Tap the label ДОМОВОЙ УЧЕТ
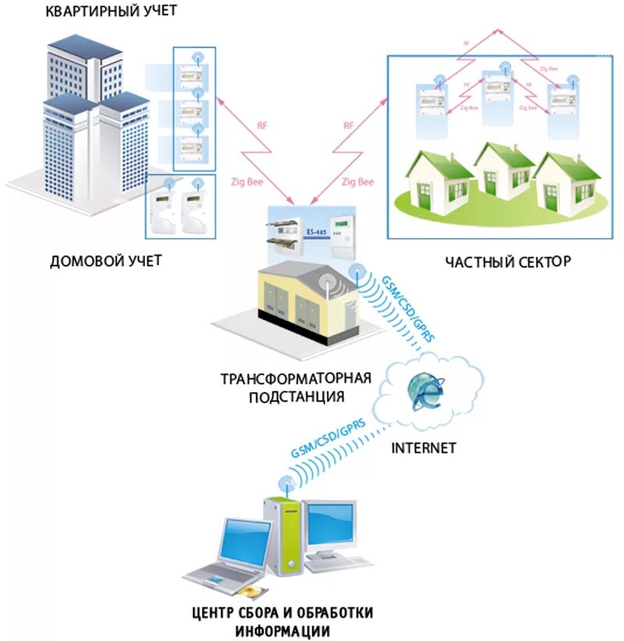(105, 260)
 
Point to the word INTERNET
(423, 448)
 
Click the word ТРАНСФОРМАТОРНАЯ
(295, 380)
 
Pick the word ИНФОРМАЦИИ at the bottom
(283, 630)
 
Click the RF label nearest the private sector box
(349, 125)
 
